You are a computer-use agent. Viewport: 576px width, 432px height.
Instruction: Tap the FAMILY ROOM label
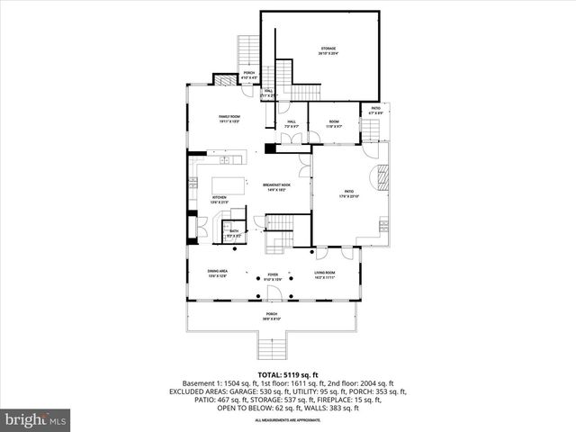pyautogui.click(x=229, y=119)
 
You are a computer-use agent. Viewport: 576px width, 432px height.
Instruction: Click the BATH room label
pyautogui.click(x=233, y=232)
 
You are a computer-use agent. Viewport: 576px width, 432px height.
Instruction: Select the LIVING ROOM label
pyautogui.click(x=325, y=274)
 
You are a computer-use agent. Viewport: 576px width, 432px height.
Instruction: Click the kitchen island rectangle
pyautogui.click(x=232, y=185)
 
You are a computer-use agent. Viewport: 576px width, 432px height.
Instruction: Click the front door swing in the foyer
pyautogui.click(x=277, y=292)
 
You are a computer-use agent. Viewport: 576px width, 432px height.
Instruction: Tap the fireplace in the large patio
pyautogui.click(x=384, y=180)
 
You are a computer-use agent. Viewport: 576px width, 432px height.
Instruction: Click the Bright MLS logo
pyautogui.click(x=37, y=418)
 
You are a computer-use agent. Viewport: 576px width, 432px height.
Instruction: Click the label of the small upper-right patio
pyautogui.click(x=376, y=110)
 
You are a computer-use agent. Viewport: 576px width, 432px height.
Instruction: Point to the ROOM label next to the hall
pyautogui.click(x=333, y=123)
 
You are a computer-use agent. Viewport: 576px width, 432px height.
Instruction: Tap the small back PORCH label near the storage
pyautogui.click(x=249, y=75)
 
